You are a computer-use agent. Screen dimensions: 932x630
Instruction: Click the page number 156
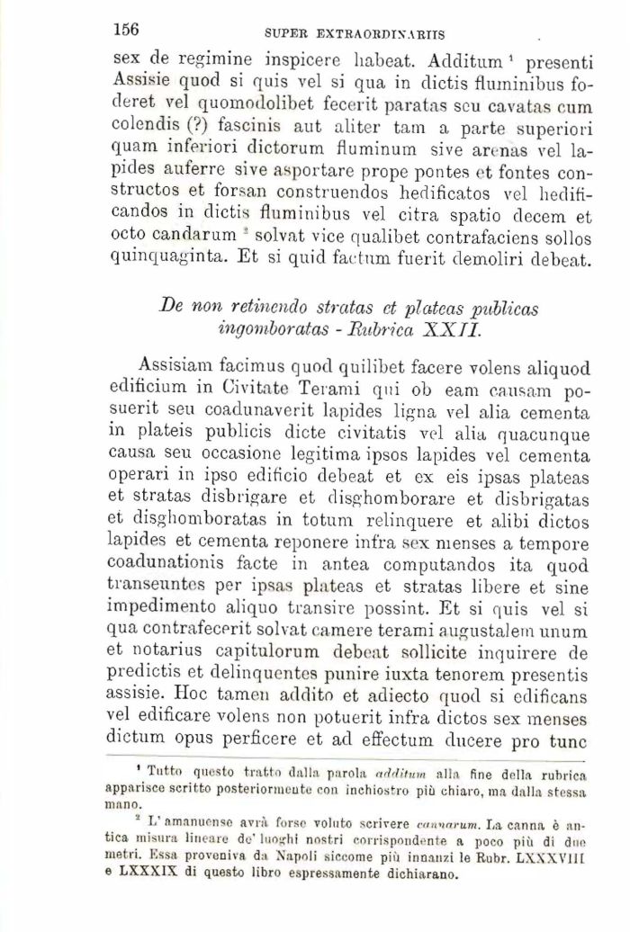[x=126, y=29]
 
